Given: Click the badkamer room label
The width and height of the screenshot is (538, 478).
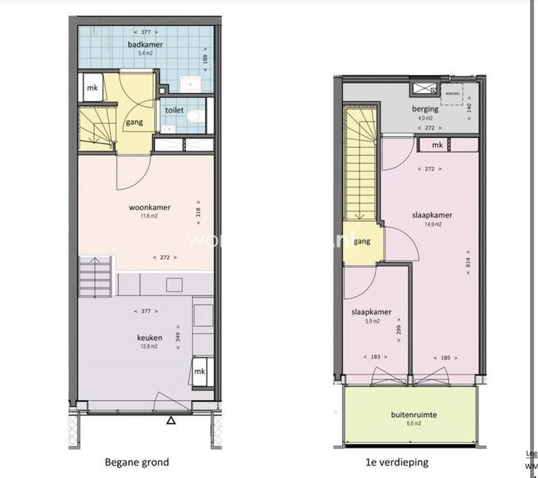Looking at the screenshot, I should tap(145, 44).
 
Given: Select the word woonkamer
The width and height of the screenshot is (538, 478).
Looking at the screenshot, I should tap(145, 207).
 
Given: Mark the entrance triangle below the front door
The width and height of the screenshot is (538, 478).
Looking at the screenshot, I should tap(171, 421).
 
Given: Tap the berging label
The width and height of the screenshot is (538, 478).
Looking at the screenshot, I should tap(425, 109).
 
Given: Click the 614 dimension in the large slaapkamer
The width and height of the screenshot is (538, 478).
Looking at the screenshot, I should tap(468, 263).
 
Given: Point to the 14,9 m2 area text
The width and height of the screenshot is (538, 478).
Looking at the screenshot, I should tap(433, 223).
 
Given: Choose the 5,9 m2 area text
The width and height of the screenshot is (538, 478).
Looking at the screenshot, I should tap(371, 321).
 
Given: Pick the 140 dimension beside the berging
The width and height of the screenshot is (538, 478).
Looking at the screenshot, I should tap(468, 106).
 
